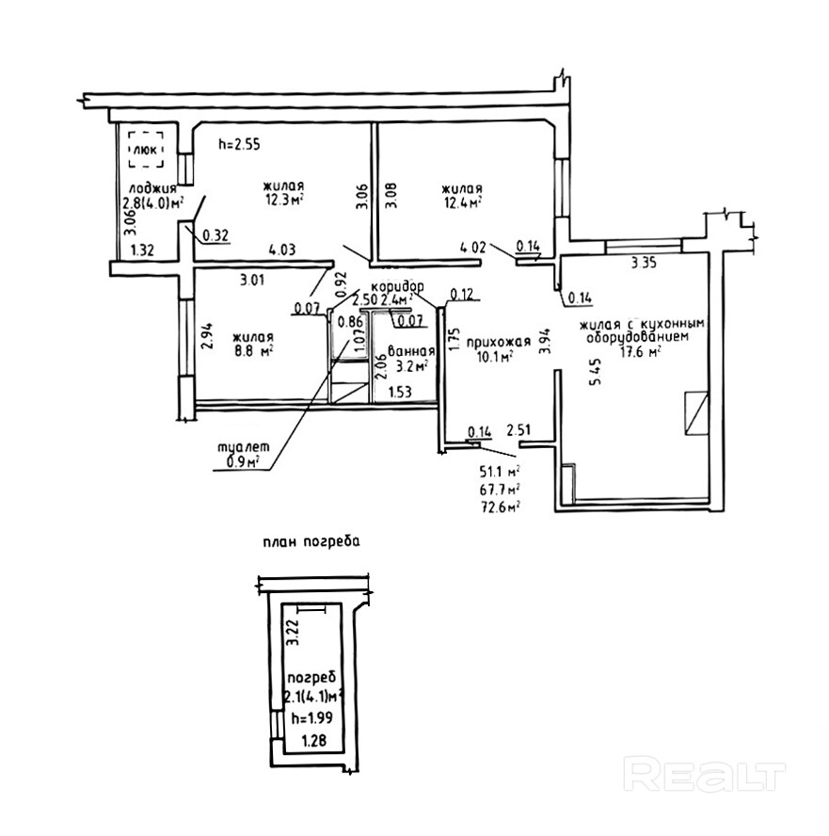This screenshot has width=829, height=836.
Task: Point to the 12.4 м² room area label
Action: coord(463,201)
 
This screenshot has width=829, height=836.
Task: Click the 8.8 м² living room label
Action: coord(254,352)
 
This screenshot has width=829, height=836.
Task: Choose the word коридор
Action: coord(398,286)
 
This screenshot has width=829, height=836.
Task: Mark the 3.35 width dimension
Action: coord(643,264)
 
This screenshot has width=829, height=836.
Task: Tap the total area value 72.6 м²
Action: coord(501,506)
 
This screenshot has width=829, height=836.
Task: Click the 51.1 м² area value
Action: coord(501,471)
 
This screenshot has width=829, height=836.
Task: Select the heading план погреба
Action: coord(311,542)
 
